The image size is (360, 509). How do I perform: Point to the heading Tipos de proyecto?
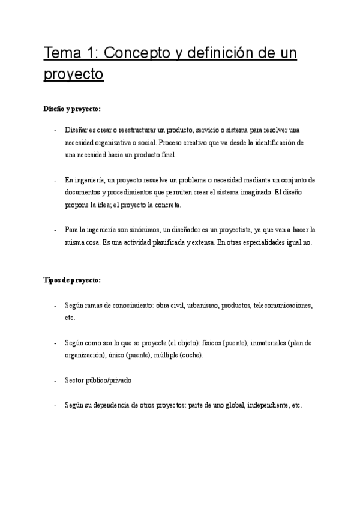pyautogui.click(x=72, y=280)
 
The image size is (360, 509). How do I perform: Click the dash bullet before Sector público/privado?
pyautogui.click(x=56, y=381)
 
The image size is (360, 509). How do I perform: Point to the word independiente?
pyautogui.click(x=264, y=405)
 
